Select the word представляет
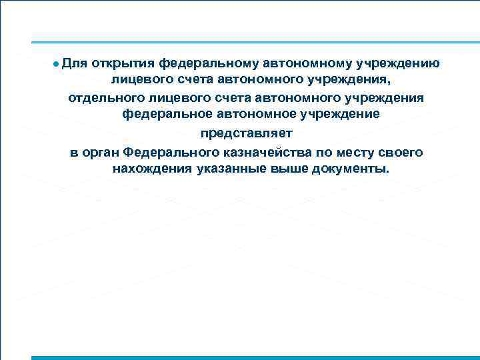247,133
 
